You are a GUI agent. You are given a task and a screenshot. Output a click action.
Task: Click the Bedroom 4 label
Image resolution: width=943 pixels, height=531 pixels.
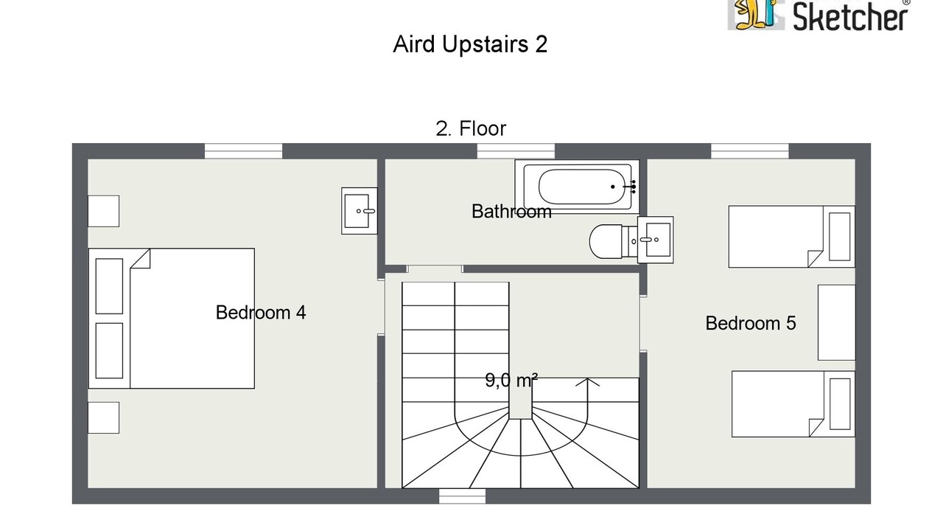261,313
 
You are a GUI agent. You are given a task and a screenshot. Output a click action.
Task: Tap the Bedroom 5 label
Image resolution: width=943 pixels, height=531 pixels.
751,324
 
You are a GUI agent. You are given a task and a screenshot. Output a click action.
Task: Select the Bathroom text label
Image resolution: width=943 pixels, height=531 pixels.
511,212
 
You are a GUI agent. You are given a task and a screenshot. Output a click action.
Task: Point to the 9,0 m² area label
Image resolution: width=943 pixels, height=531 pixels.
511,380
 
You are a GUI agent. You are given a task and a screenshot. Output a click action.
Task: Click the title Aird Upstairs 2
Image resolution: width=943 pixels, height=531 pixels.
470,44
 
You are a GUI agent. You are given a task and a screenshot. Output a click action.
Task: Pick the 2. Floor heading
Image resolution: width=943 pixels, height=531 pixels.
471,128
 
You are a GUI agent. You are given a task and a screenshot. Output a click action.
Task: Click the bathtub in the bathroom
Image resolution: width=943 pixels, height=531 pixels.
577,187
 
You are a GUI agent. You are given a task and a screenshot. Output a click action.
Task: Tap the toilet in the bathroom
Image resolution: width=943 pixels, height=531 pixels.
613,242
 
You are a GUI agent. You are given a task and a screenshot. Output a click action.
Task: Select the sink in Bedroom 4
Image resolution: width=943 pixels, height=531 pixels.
359,211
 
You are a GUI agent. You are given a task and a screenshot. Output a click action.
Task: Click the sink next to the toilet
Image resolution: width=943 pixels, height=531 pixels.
656,240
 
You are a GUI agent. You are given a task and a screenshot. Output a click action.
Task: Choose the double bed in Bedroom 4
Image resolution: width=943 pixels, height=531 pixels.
172,318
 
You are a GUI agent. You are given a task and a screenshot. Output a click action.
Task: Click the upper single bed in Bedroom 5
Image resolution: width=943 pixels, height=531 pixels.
791,237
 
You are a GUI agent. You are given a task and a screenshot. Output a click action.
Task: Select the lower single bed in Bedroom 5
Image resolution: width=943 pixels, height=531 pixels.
793,403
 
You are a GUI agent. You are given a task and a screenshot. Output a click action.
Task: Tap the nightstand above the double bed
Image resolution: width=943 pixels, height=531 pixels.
104,211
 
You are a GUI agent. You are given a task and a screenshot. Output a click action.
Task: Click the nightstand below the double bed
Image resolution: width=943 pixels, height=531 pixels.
104,417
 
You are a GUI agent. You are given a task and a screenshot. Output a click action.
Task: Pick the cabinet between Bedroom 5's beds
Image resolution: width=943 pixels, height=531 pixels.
836,322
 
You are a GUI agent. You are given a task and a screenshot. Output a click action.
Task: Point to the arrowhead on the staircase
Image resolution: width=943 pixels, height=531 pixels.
587,382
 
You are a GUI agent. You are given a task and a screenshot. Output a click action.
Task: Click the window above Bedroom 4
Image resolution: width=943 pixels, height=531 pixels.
243,151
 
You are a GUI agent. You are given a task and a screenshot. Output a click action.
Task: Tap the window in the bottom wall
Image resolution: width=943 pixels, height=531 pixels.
462,496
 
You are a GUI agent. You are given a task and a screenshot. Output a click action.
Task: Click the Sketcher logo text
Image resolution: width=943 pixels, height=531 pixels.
849,17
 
